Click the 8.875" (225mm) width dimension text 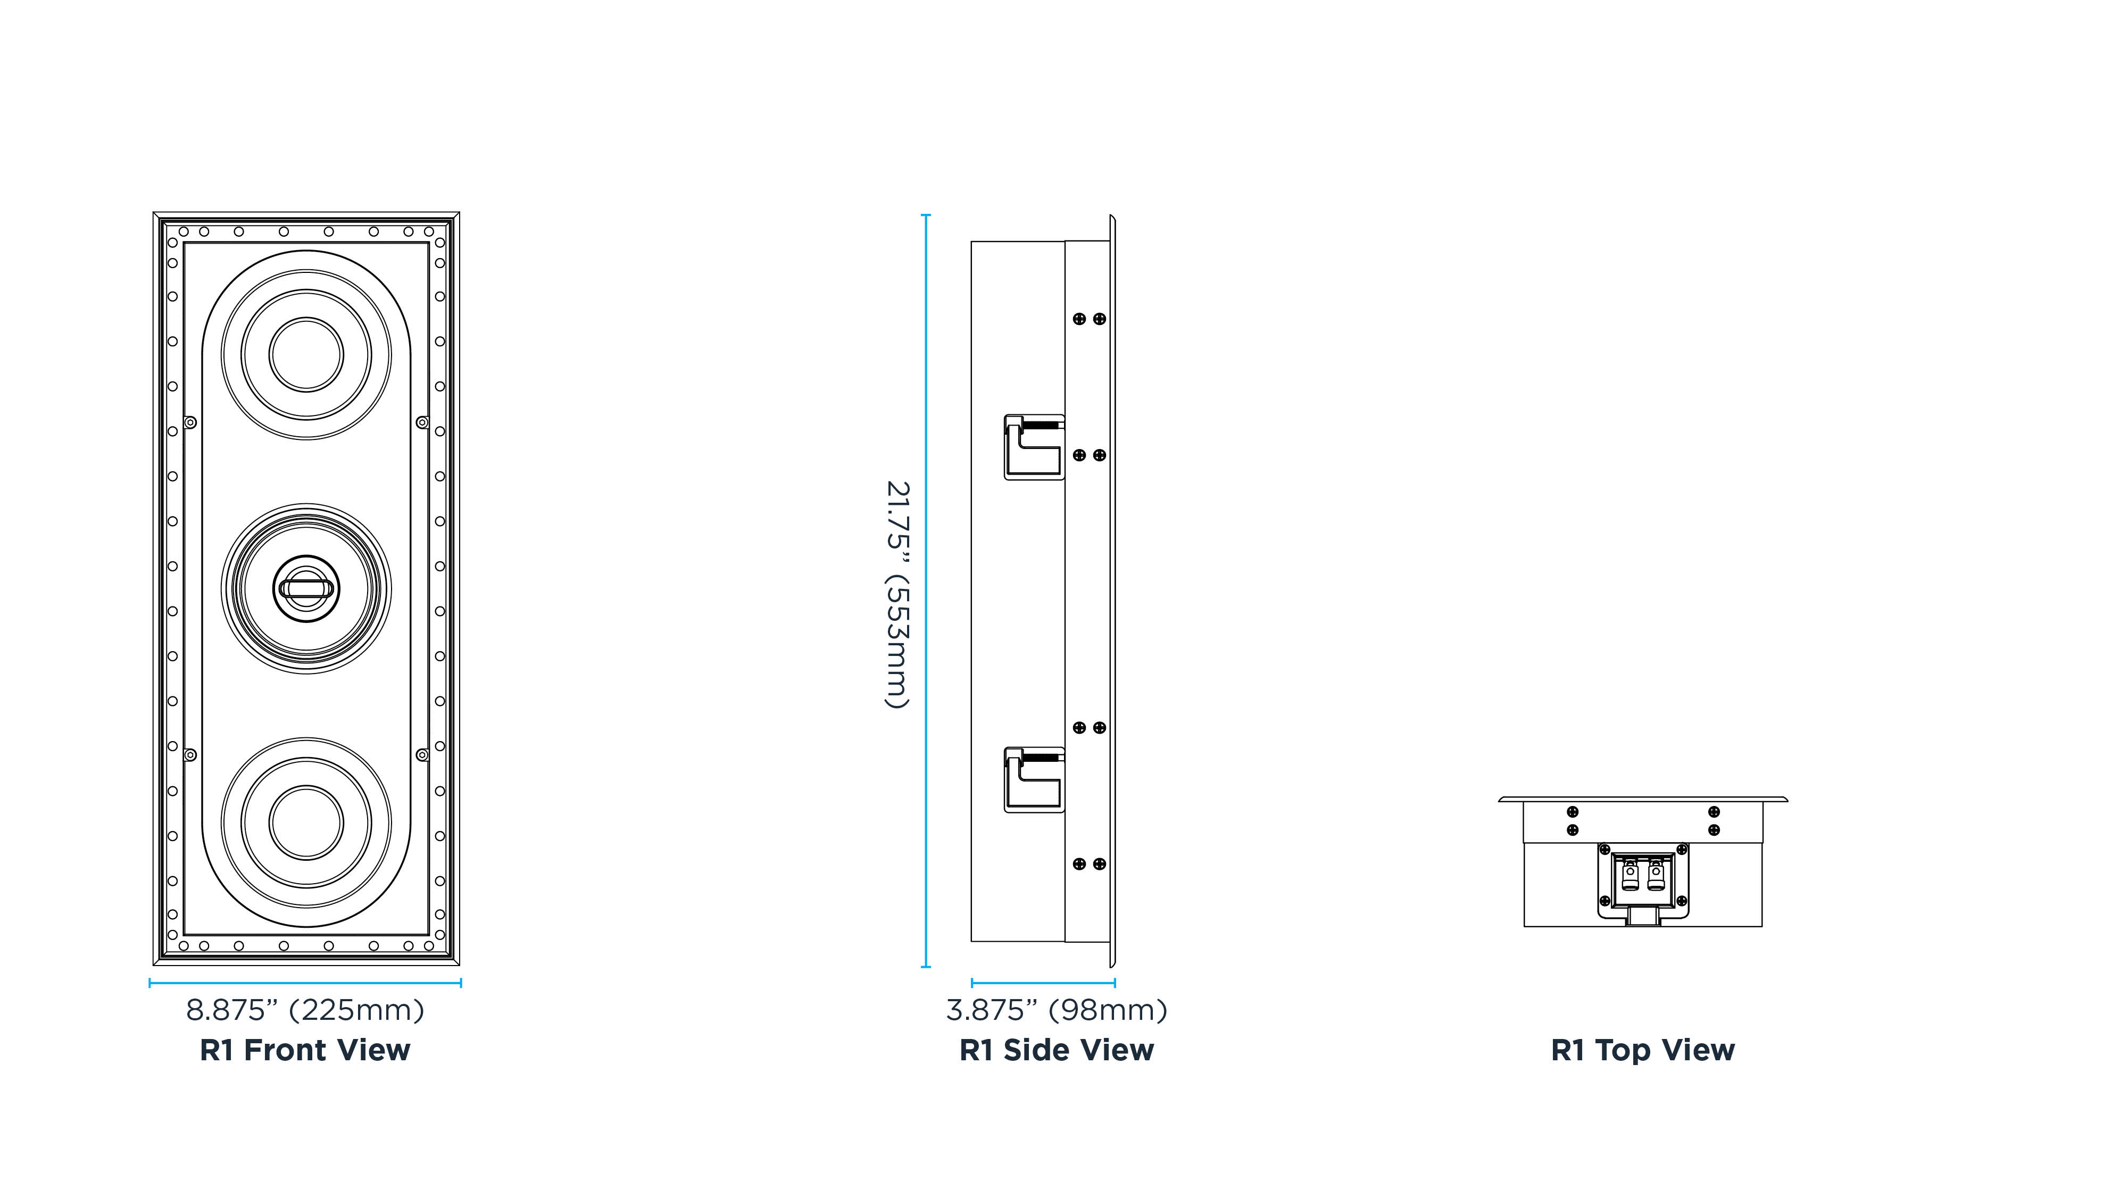click(305, 1010)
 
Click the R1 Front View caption click(305, 1050)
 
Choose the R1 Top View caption click(1642, 1050)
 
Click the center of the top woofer click(306, 354)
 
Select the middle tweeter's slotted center click(306, 588)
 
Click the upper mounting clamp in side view click(1034, 447)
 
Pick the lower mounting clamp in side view click(1034, 780)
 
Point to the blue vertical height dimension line click(926, 591)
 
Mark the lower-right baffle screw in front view click(422, 755)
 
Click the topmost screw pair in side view click(1089, 319)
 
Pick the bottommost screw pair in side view click(1089, 864)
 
